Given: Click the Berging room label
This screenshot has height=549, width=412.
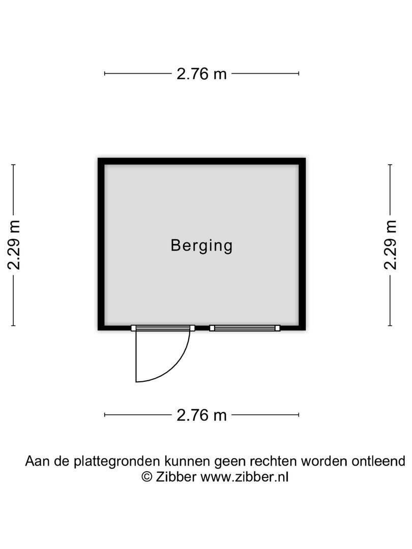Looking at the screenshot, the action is [x=201, y=246].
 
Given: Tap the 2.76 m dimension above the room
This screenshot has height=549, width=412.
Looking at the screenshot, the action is [x=201, y=74].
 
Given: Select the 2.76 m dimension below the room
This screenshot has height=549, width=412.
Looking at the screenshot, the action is [x=201, y=415].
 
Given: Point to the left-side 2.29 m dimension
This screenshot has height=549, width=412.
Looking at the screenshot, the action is [x=14, y=245].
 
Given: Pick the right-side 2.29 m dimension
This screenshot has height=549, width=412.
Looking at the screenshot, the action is [x=390, y=245].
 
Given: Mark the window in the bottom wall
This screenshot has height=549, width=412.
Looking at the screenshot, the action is [x=245, y=328].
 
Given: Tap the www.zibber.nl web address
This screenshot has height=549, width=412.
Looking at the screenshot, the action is [x=244, y=477].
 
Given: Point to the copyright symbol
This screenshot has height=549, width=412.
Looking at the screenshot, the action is [x=147, y=477].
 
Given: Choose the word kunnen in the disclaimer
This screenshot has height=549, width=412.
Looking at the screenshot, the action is [x=187, y=461].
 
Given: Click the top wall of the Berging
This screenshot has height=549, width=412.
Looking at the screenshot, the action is [x=201, y=162].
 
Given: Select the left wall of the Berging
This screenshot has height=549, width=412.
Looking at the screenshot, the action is [x=101, y=244].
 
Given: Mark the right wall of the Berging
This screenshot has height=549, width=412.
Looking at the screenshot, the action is [x=302, y=244].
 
